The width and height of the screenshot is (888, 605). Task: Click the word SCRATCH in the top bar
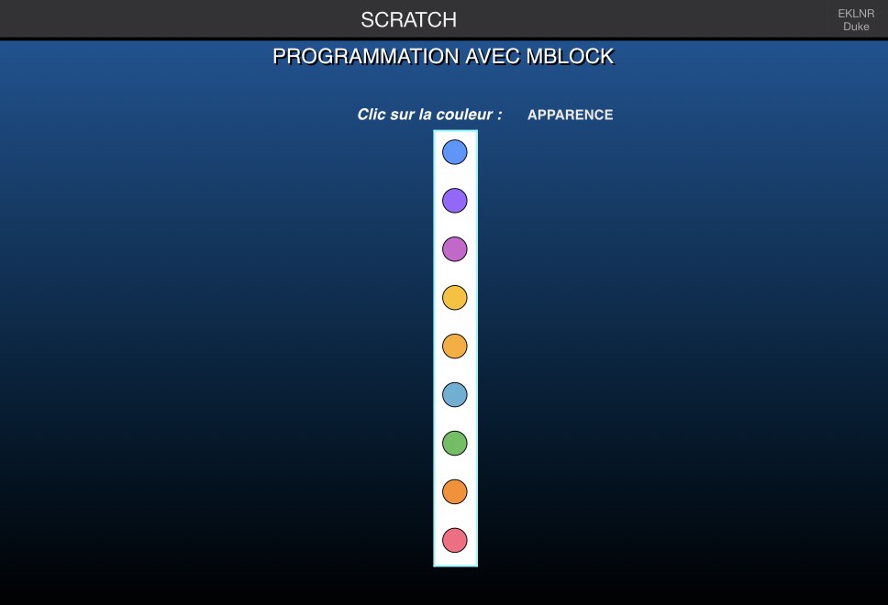tap(409, 20)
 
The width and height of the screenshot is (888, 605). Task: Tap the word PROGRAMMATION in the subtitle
tap(366, 57)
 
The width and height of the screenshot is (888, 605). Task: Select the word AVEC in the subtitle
tap(493, 57)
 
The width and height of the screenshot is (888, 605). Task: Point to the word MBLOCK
tap(571, 57)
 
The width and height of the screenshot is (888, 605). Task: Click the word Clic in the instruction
tap(371, 115)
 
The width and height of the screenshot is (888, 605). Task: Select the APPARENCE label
tap(571, 115)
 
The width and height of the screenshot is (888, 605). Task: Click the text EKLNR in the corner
tap(856, 14)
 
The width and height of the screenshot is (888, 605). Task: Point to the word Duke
tap(856, 27)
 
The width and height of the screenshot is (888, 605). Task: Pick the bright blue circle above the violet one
tap(455, 152)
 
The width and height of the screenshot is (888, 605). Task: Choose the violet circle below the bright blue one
tap(455, 201)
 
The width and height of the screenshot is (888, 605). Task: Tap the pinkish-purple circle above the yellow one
tap(455, 249)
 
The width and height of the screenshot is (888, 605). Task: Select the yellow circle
tap(455, 298)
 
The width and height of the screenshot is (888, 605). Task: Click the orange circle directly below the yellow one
tap(455, 346)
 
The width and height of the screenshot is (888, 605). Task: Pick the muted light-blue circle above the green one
tap(455, 394)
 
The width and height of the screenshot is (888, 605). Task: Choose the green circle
tap(455, 443)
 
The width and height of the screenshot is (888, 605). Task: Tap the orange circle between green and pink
tap(455, 492)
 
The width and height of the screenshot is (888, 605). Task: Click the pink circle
tap(455, 540)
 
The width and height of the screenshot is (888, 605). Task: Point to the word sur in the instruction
tap(402, 115)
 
